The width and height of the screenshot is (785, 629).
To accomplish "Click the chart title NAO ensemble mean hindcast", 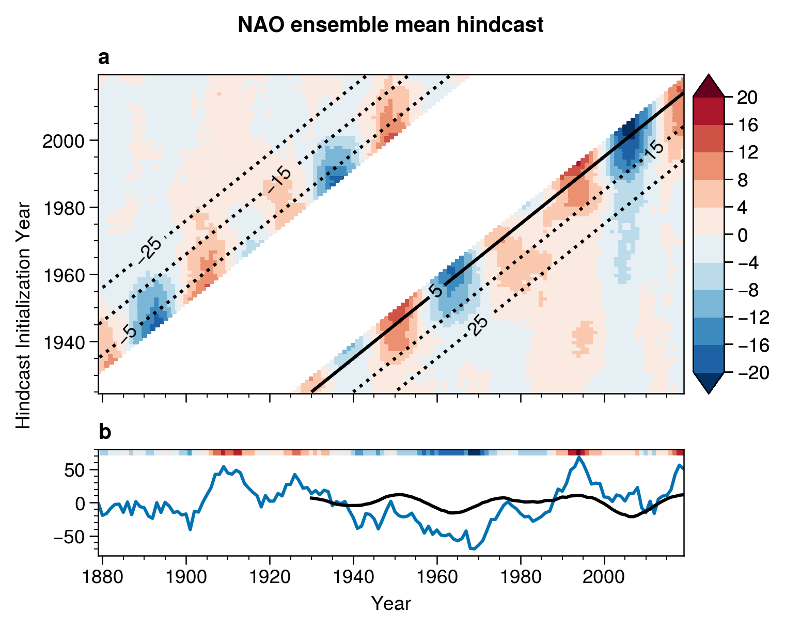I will (390, 25).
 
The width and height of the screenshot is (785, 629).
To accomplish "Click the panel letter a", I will (104, 59).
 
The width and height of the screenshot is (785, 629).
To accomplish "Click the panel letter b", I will (104, 433).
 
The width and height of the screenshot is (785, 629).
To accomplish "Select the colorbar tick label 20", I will (747, 97).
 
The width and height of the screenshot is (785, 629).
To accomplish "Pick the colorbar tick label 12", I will (747, 152).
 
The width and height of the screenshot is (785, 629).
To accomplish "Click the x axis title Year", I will (391, 603).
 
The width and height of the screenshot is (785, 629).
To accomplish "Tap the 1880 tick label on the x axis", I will (103, 576).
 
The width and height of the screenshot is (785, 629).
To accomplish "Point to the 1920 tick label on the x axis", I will (270, 576).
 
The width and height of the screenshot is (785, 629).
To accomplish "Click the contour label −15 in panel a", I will (279, 181).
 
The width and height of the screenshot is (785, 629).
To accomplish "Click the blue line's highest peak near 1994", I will (579, 457).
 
